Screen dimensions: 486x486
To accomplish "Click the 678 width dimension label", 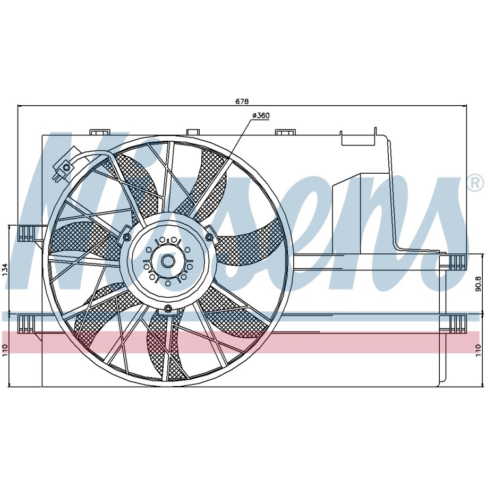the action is point(242,101).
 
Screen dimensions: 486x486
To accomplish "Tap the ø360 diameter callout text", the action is point(261,115).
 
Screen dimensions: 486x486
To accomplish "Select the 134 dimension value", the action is point(5,270).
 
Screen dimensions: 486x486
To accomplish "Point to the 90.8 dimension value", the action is point(478,284).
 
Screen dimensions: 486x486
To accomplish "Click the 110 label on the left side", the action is point(5,350).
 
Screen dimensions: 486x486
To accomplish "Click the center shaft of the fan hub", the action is point(168,261).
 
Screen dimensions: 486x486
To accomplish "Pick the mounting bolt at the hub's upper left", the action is point(126,237).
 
